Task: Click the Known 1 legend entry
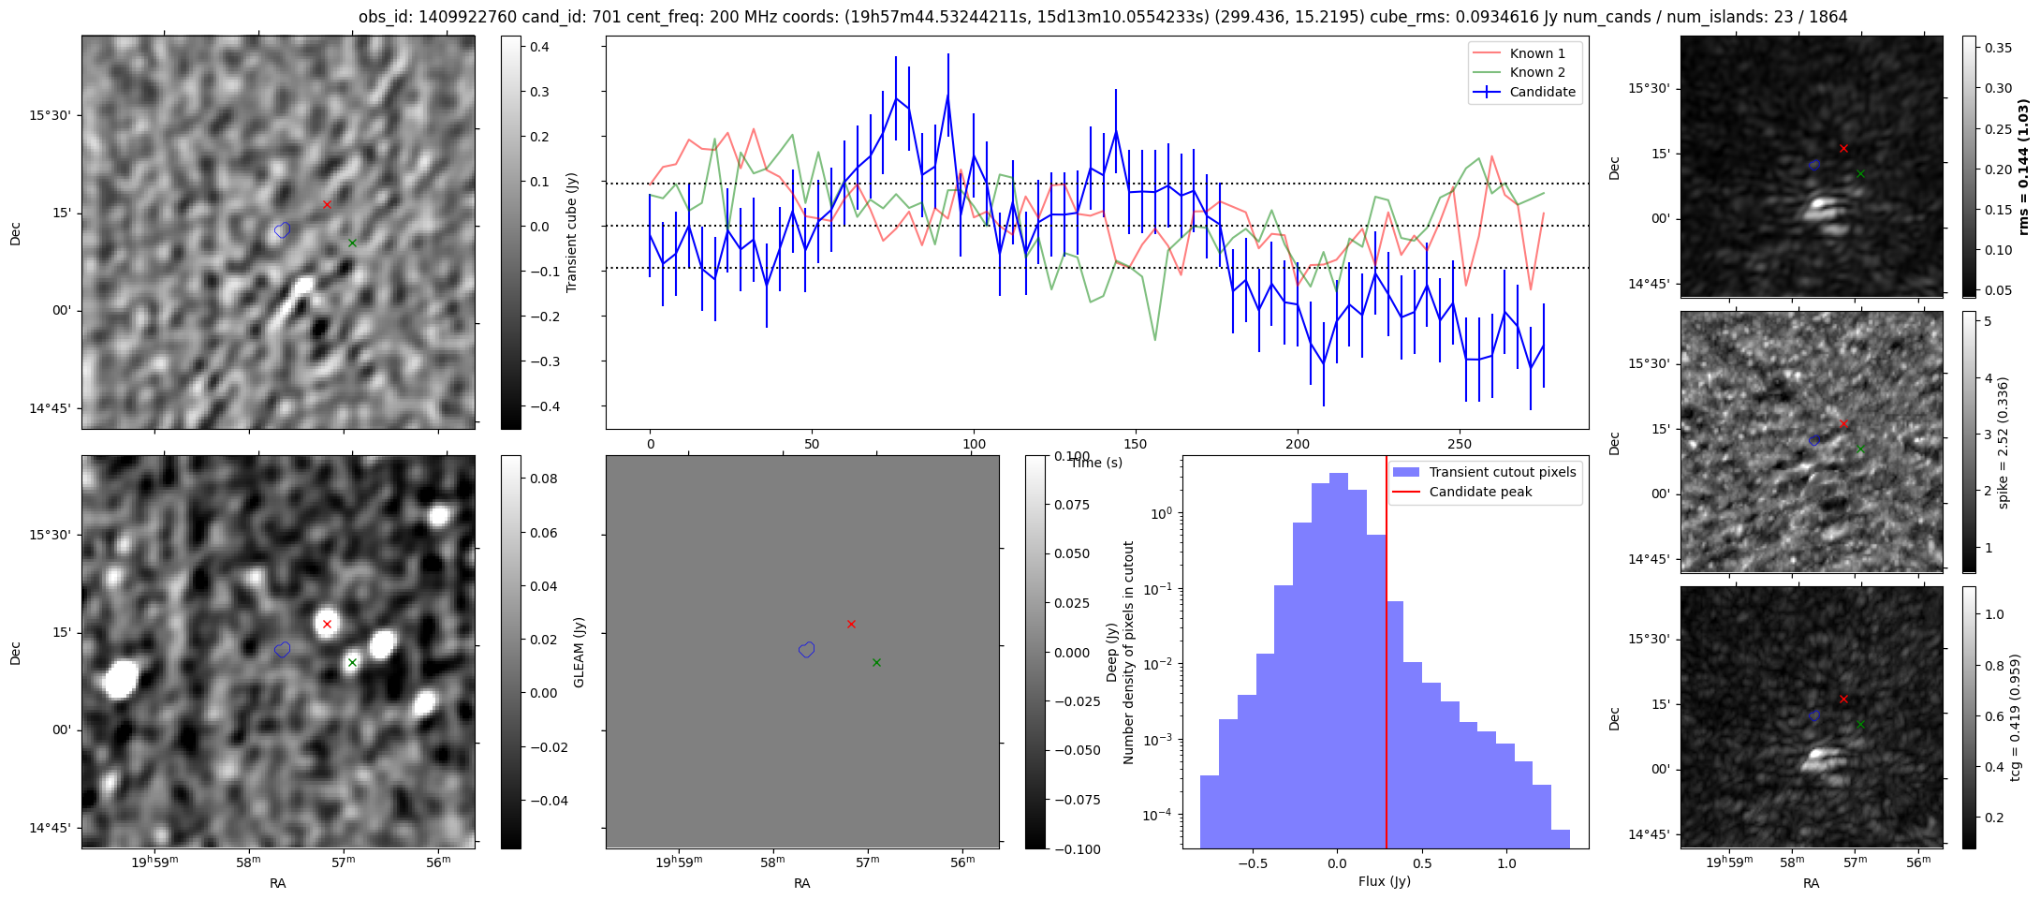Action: [1537, 53]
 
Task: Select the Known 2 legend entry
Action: [1537, 72]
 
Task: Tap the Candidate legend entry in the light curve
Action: [1542, 92]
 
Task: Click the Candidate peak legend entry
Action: [1480, 492]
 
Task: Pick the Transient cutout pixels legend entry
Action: [1502, 472]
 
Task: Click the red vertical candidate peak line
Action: [1387, 656]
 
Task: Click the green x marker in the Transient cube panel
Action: [352, 243]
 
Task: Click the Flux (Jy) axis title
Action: [1385, 881]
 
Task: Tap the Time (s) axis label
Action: [1096, 463]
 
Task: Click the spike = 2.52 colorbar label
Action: [2003, 442]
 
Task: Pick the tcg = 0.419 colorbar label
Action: [2015, 718]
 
